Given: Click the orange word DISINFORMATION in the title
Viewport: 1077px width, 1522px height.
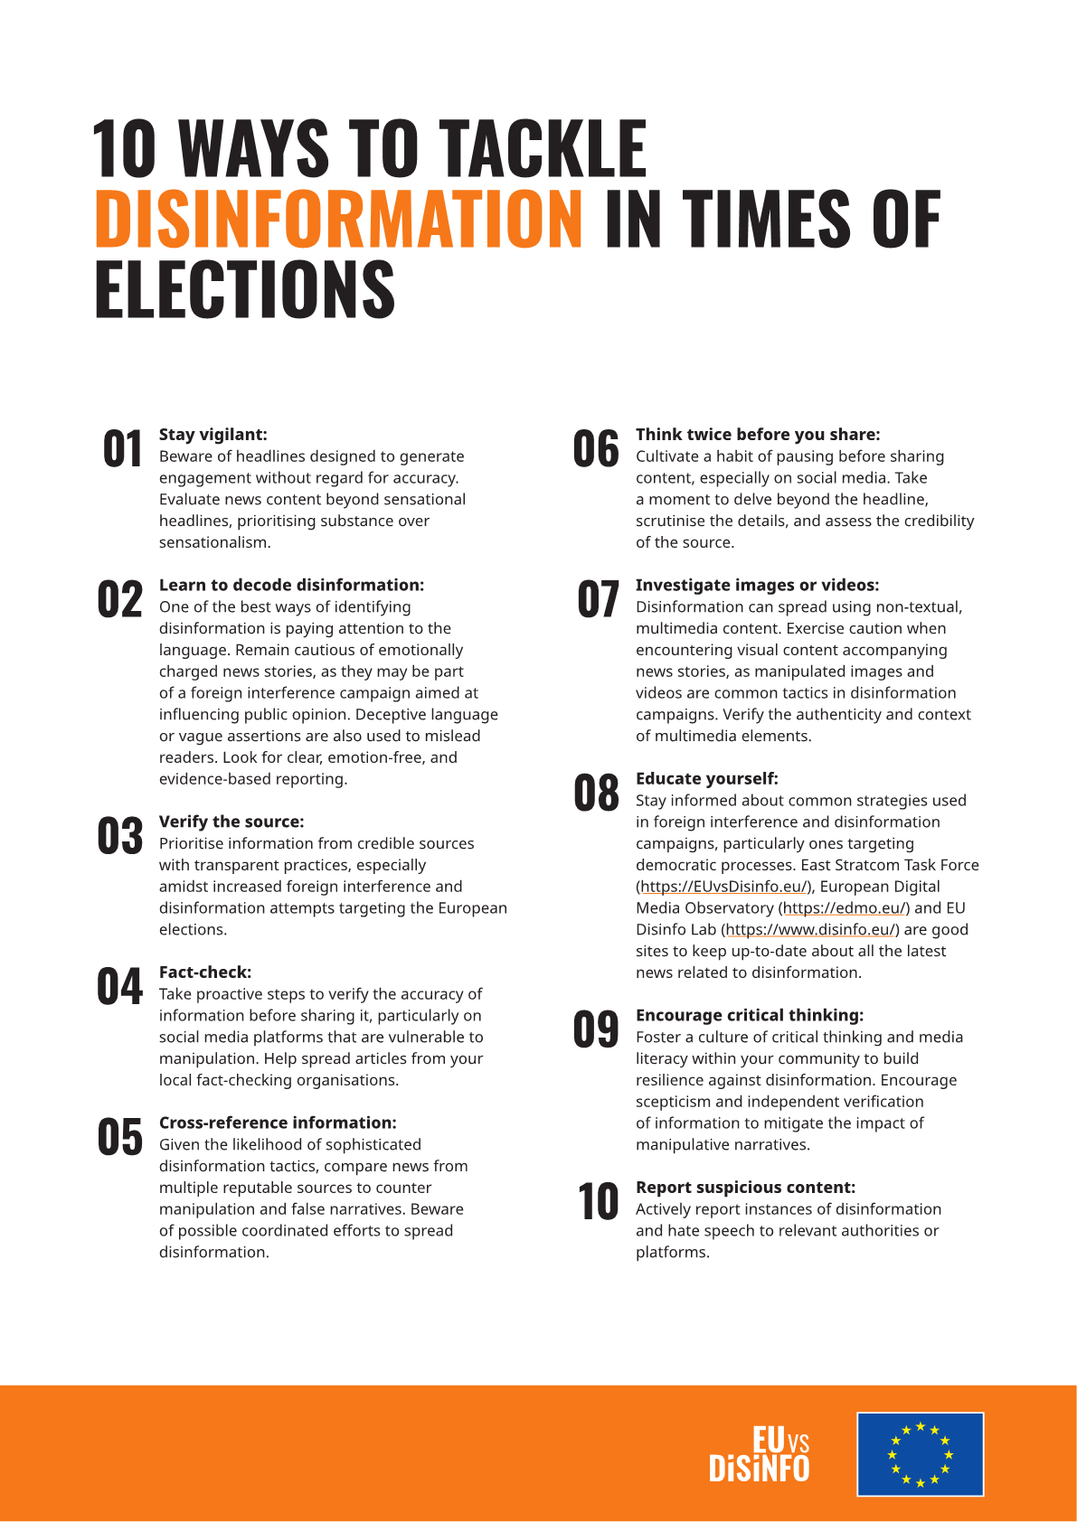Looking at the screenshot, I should pyautogui.click(x=338, y=219).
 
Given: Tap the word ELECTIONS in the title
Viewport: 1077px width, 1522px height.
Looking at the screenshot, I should pyautogui.click(x=245, y=289).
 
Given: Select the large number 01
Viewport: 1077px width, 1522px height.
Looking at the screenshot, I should pyautogui.click(x=122, y=449).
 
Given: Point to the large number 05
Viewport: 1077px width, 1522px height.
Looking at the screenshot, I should pyautogui.click(x=120, y=1137).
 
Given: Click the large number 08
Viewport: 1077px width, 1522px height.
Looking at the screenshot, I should pyautogui.click(x=596, y=793).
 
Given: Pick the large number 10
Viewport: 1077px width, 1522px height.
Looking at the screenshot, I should pyautogui.click(x=598, y=1202).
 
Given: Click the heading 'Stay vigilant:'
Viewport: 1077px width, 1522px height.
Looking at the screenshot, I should pyautogui.click(x=213, y=435).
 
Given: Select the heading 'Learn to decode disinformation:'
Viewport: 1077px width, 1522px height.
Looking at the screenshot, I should pyautogui.click(x=291, y=585).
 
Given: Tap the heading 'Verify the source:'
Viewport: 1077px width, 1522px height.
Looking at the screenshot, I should pyautogui.click(x=231, y=822).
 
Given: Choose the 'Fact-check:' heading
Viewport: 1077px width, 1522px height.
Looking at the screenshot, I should pyautogui.click(x=205, y=972).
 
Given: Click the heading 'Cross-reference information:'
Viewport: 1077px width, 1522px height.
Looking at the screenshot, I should pyautogui.click(x=278, y=1123).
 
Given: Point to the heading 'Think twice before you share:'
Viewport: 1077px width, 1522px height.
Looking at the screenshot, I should pyautogui.click(x=758, y=435).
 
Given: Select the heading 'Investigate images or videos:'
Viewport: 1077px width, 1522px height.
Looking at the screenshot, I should pyautogui.click(x=757, y=585).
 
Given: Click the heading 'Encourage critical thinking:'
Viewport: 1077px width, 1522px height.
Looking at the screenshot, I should pyautogui.click(x=750, y=1015).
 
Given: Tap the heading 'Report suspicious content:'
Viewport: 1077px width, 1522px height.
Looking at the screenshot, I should pyautogui.click(x=745, y=1188).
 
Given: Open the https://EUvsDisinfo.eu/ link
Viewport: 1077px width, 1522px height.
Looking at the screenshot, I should pyautogui.click(x=723, y=887).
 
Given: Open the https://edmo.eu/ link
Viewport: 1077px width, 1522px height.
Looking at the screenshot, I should pyautogui.click(x=844, y=908).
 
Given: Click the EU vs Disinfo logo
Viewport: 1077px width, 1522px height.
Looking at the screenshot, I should pyautogui.click(x=760, y=1454).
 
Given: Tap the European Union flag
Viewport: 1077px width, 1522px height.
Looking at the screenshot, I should pyautogui.click(x=920, y=1454).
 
